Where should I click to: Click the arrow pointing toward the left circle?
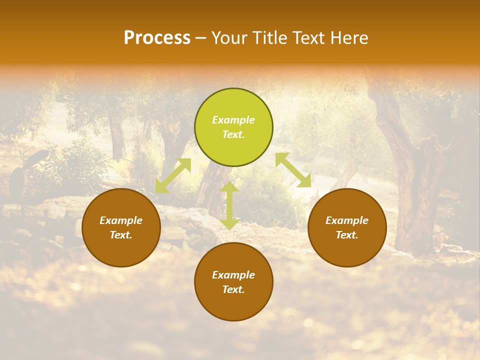click(x=173, y=175)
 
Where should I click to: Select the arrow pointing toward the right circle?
click(x=293, y=170)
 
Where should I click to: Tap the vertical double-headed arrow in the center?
click(x=229, y=205)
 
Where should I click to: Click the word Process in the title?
click(x=157, y=37)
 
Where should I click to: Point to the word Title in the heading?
click(x=271, y=37)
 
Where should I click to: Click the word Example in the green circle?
click(x=233, y=120)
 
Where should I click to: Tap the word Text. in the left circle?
click(x=121, y=235)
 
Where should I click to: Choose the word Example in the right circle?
click(x=347, y=220)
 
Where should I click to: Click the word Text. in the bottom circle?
click(x=233, y=289)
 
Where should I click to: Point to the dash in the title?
click(x=200, y=38)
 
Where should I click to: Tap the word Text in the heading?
click(x=309, y=37)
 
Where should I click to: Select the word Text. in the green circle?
click(x=233, y=135)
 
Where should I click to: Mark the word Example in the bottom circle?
click(x=233, y=275)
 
